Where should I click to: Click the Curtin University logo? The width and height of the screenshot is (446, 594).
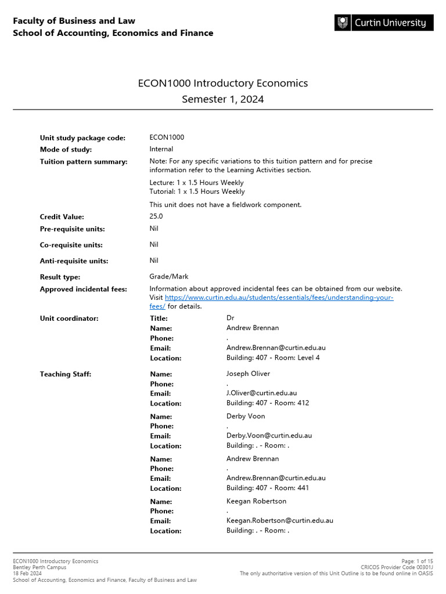(384, 23)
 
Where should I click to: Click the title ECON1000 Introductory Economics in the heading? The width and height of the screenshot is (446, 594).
(223, 83)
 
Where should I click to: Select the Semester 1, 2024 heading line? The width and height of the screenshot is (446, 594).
(223, 99)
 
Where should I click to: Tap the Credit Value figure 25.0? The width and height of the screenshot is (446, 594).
(156, 216)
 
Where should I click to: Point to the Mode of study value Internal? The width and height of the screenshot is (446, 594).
(161, 149)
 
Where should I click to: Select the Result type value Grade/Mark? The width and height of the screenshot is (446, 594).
(169, 277)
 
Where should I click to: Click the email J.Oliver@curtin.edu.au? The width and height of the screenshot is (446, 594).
(261, 393)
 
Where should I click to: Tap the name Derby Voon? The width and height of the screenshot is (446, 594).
(246, 416)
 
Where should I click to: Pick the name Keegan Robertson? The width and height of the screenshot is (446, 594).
(256, 501)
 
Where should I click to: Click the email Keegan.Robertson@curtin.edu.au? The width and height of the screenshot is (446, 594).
(280, 521)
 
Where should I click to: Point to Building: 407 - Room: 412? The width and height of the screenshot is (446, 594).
(268, 403)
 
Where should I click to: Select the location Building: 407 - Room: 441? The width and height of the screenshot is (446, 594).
(268, 488)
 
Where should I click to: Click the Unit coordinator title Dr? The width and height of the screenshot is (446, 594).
(230, 318)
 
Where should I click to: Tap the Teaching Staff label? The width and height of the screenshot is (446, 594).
(66, 374)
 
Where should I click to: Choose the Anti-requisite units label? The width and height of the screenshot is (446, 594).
(74, 261)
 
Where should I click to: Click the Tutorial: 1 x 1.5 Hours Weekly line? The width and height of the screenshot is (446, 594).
(197, 191)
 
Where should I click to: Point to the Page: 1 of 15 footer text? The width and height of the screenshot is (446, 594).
(417, 561)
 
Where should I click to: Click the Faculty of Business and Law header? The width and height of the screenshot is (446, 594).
(74, 21)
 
